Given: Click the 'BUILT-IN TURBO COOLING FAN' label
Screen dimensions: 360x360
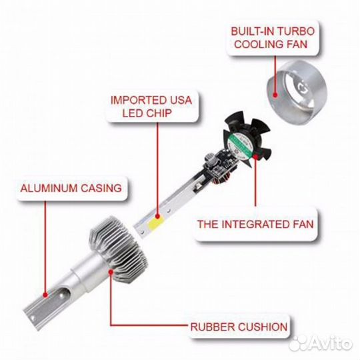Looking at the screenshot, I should (273, 38).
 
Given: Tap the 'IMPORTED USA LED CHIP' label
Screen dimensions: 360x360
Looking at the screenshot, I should (151, 106).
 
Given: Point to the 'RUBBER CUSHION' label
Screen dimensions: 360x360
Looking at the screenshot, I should (239, 327).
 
